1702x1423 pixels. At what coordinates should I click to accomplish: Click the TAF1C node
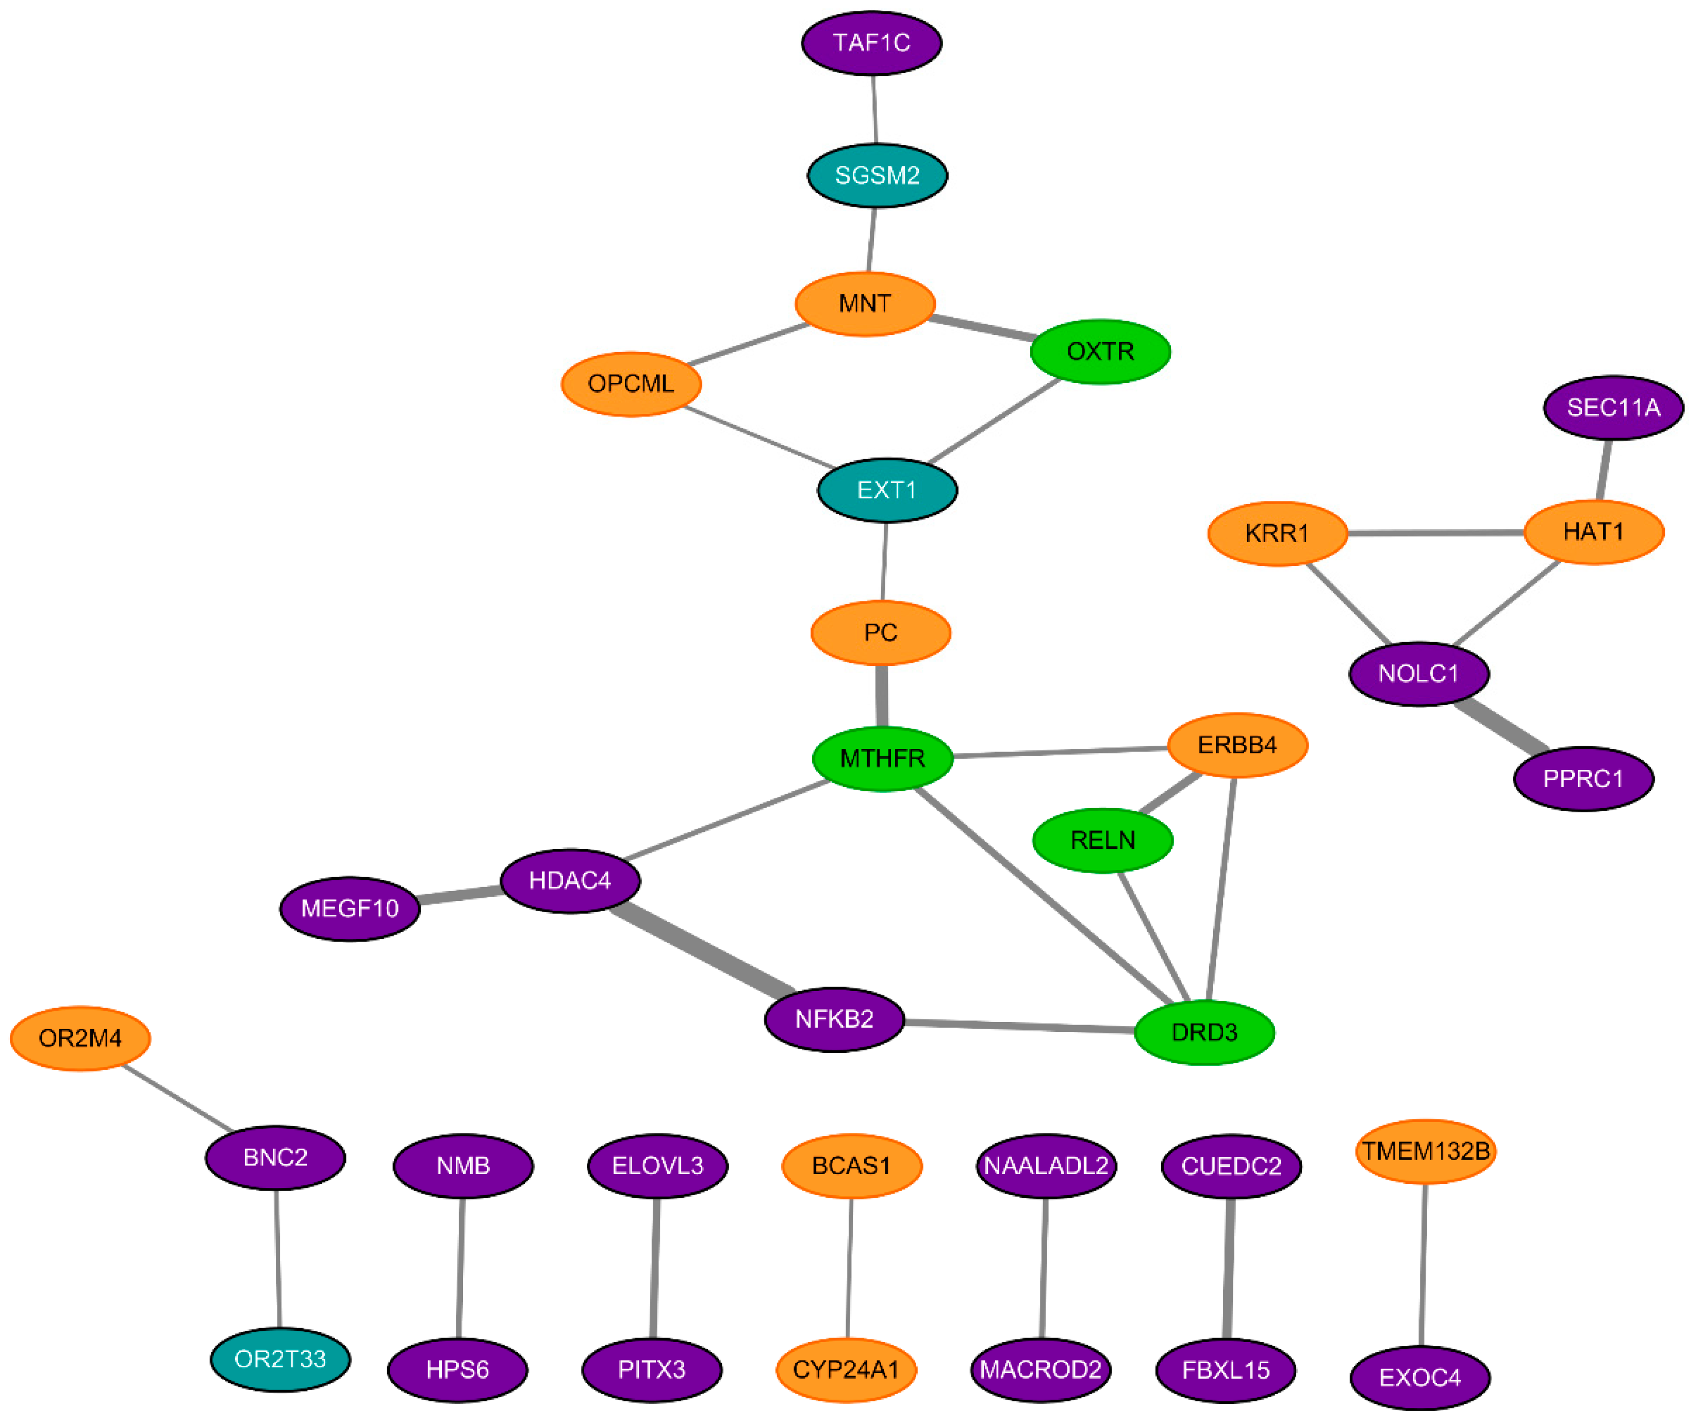(x=872, y=43)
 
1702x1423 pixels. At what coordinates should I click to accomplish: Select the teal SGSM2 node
(x=877, y=176)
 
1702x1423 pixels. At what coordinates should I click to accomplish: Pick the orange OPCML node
(x=631, y=384)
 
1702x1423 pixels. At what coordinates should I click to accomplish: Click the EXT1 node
(x=887, y=490)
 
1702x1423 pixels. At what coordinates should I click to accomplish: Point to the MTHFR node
(x=882, y=759)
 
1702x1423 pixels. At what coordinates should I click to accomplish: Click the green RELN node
(x=1102, y=840)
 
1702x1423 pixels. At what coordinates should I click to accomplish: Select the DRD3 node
(x=1204, y=1032)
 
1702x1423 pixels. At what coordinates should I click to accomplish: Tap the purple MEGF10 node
(x=350, y=909)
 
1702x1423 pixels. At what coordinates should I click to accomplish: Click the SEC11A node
(x=1613, y=408)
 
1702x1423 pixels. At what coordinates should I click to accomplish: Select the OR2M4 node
(x=80, y=1038)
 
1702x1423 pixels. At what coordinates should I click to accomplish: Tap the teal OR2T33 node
(x=280, y=1360)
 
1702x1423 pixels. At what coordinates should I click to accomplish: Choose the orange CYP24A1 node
(x=846, y=1369)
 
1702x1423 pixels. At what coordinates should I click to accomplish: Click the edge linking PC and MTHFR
(x=881, y=695)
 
